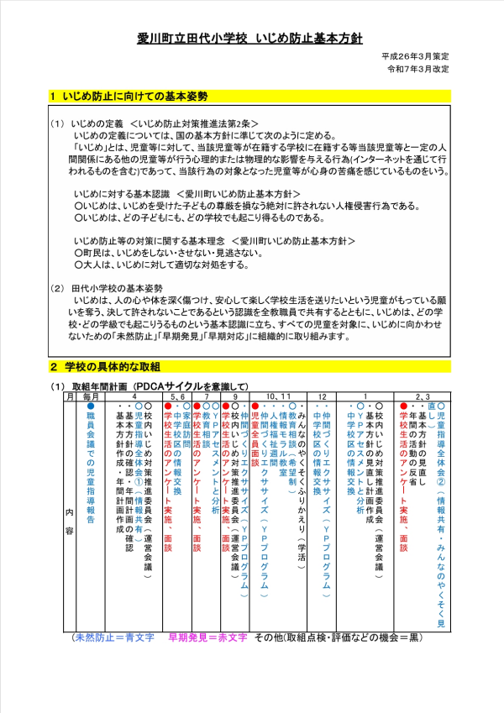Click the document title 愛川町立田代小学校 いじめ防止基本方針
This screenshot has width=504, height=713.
[x=251, y=39]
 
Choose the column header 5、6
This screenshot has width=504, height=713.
[x=178, y=395]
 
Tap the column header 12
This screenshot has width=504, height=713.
[x=323, y=395]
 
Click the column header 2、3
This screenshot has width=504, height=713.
[x=423, y=395]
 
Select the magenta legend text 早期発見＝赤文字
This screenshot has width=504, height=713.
[x=207, y=638]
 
